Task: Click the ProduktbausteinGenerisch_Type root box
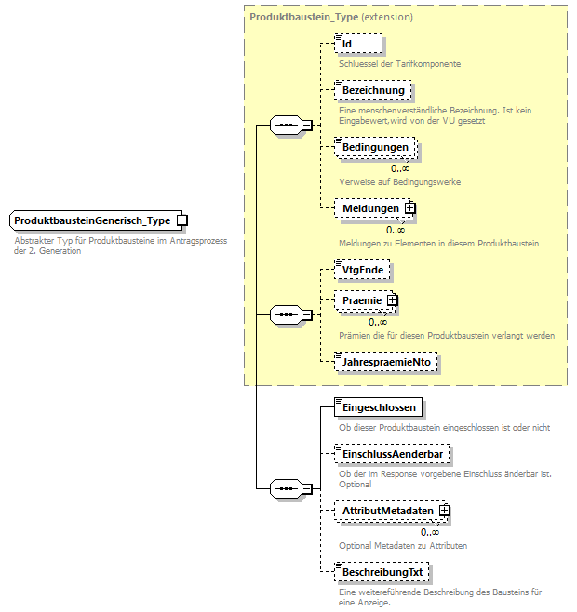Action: (92, 220)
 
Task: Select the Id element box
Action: (358, 44)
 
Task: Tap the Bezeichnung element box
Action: (371, 90)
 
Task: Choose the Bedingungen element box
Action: (374, 148)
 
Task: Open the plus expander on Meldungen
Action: (409, 208)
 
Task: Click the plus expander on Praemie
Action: (392, 300)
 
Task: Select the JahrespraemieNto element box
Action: (386, 362)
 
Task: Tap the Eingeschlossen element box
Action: (379, 407)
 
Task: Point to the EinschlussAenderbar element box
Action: (392, 453)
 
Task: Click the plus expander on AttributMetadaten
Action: (445, 511)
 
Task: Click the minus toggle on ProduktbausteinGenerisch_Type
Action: (183, 220)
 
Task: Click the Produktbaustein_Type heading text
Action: (302, 17)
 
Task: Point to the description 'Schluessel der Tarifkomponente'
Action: (399, 64)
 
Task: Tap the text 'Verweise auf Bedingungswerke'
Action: (399, 181)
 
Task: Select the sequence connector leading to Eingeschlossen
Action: (283, 488)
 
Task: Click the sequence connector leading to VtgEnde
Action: (283, 315)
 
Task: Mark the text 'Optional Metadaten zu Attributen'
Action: (402, 545)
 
